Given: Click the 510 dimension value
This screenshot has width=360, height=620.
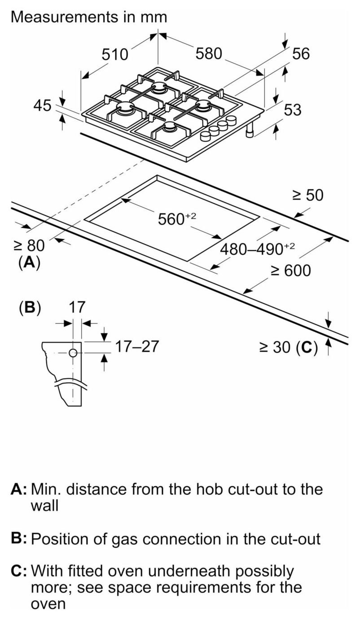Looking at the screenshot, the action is (x=115, y=54).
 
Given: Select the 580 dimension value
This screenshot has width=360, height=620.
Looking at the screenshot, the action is (x=209, y=53).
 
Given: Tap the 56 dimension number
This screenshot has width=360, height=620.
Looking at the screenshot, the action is (x=301, y=53).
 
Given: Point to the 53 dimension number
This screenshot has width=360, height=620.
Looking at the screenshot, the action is (x=293, y=109).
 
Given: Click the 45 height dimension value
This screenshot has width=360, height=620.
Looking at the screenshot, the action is (x=42, y=105).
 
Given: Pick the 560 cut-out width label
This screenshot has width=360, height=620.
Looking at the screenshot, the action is (x=177, y=218).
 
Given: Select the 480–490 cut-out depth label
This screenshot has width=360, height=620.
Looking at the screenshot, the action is (x=257, y=249).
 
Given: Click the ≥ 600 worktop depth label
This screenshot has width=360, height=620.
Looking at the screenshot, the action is (x=290, y=271).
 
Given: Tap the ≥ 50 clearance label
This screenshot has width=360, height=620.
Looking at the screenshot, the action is (x=308, y=195).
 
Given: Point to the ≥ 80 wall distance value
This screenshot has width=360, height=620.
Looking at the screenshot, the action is (x=29, y=245).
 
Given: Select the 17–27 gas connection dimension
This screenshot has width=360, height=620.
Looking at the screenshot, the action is (x=137, y=346).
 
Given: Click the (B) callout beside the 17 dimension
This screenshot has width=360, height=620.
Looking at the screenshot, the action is (x=30, y=308).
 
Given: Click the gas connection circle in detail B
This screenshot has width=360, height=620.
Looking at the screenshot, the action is (x=73, y=353).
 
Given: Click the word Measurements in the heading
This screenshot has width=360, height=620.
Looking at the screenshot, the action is (x=64, y=17).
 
